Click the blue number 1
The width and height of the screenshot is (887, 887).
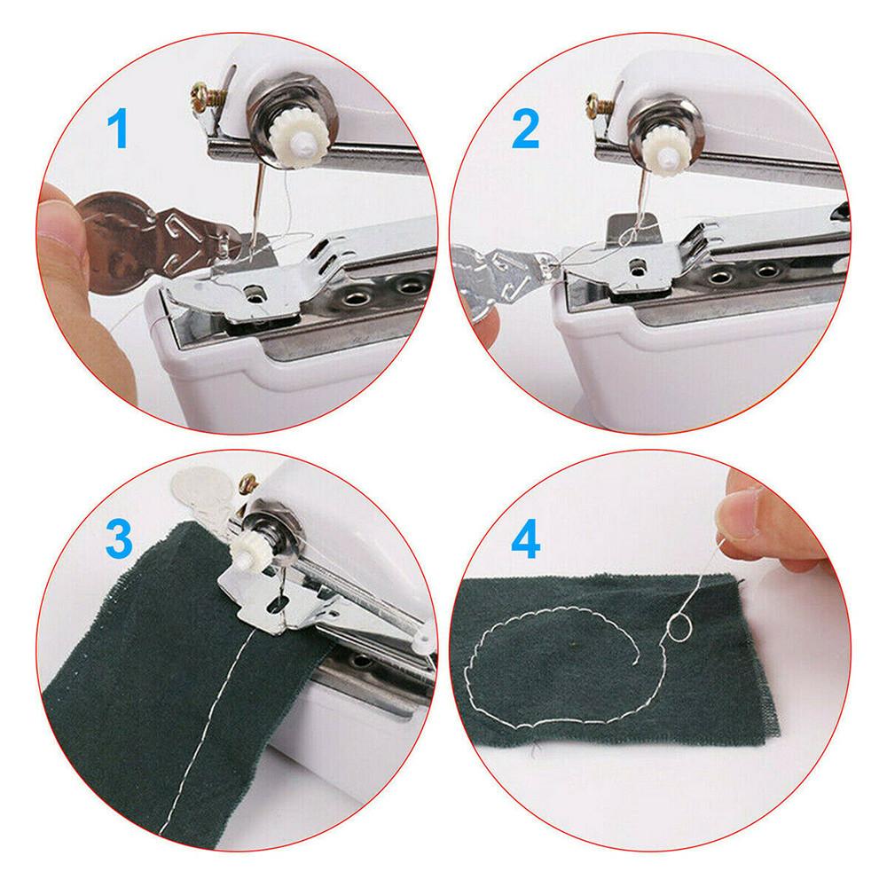click(118, 130)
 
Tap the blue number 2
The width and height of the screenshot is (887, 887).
click(525, 130)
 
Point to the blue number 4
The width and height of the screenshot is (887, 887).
click(525, 539)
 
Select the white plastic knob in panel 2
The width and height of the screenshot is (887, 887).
click(671, 150)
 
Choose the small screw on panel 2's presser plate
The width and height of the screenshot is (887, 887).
click(638, 264)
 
